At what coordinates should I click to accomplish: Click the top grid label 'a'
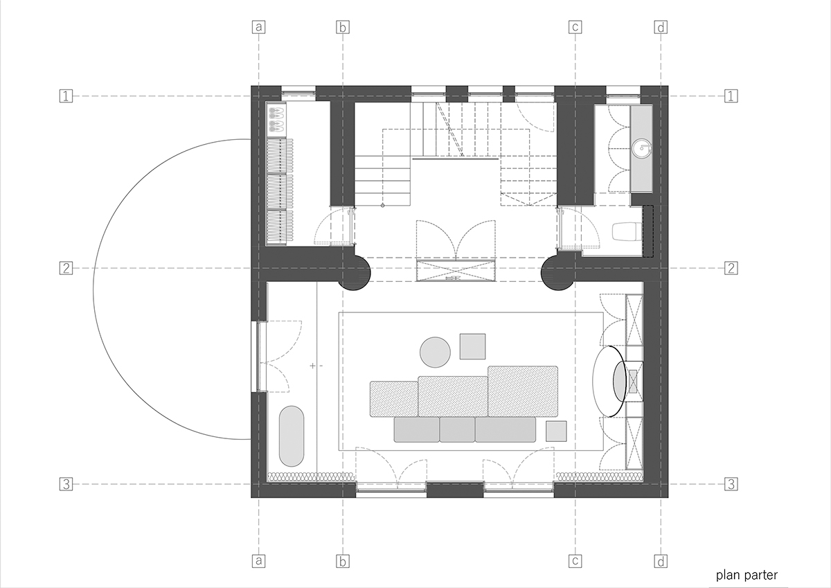(258, 27)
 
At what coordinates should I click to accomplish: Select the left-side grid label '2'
(66, 268)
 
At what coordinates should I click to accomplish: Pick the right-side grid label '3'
(731, 484)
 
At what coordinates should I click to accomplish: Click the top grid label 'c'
(575, 27)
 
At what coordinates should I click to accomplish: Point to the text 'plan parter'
(747, 575)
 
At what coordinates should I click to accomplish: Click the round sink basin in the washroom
(642, 148)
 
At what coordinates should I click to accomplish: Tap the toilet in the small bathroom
(626, 231)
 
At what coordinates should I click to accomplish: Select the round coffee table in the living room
(435, 353)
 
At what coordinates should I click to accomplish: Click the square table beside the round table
(472, 346)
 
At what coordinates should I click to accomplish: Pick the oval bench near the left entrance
(292, 436)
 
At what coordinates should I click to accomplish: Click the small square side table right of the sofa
(556, 431)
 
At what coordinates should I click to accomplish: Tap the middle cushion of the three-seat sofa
(458, 429)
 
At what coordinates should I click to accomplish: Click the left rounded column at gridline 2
(355, 274)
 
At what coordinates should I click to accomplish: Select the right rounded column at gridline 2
(557, 274)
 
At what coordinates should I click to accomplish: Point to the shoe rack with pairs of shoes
(276, 121)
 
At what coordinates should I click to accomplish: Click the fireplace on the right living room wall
(634, 381)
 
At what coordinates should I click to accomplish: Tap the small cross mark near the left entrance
(313, 366)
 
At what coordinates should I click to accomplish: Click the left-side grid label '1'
(66, 96)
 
